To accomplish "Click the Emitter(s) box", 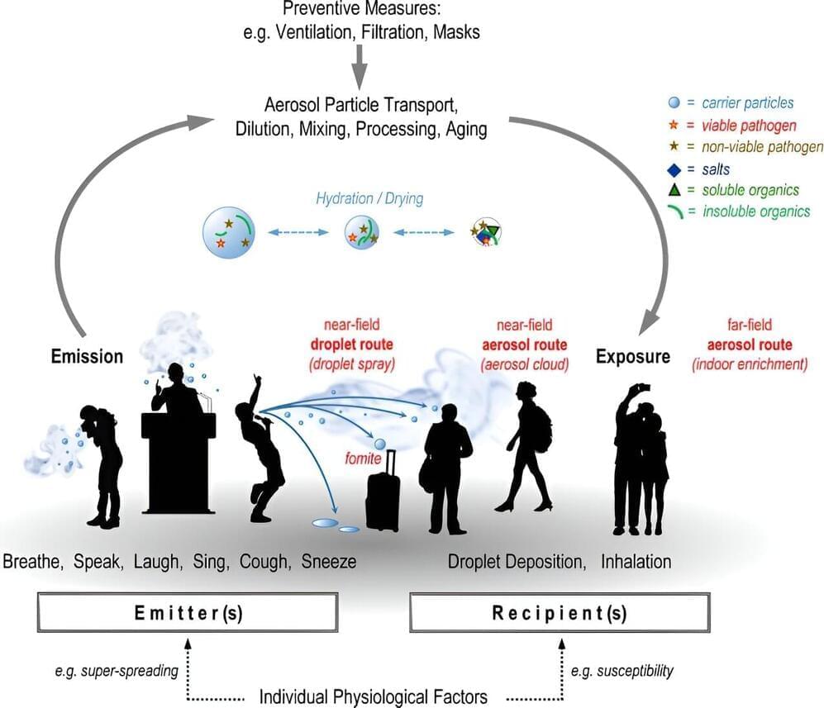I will pos(188,613).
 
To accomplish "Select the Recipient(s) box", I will pos(560,613).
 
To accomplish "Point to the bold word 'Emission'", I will pos(87,357).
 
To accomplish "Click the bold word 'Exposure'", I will pos(632,357).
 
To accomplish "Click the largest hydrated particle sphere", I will pos(228,234).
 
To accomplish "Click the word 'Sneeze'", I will pos(328,562).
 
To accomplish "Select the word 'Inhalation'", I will pos(636,562).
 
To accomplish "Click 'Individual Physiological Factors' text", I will pos(373,696).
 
